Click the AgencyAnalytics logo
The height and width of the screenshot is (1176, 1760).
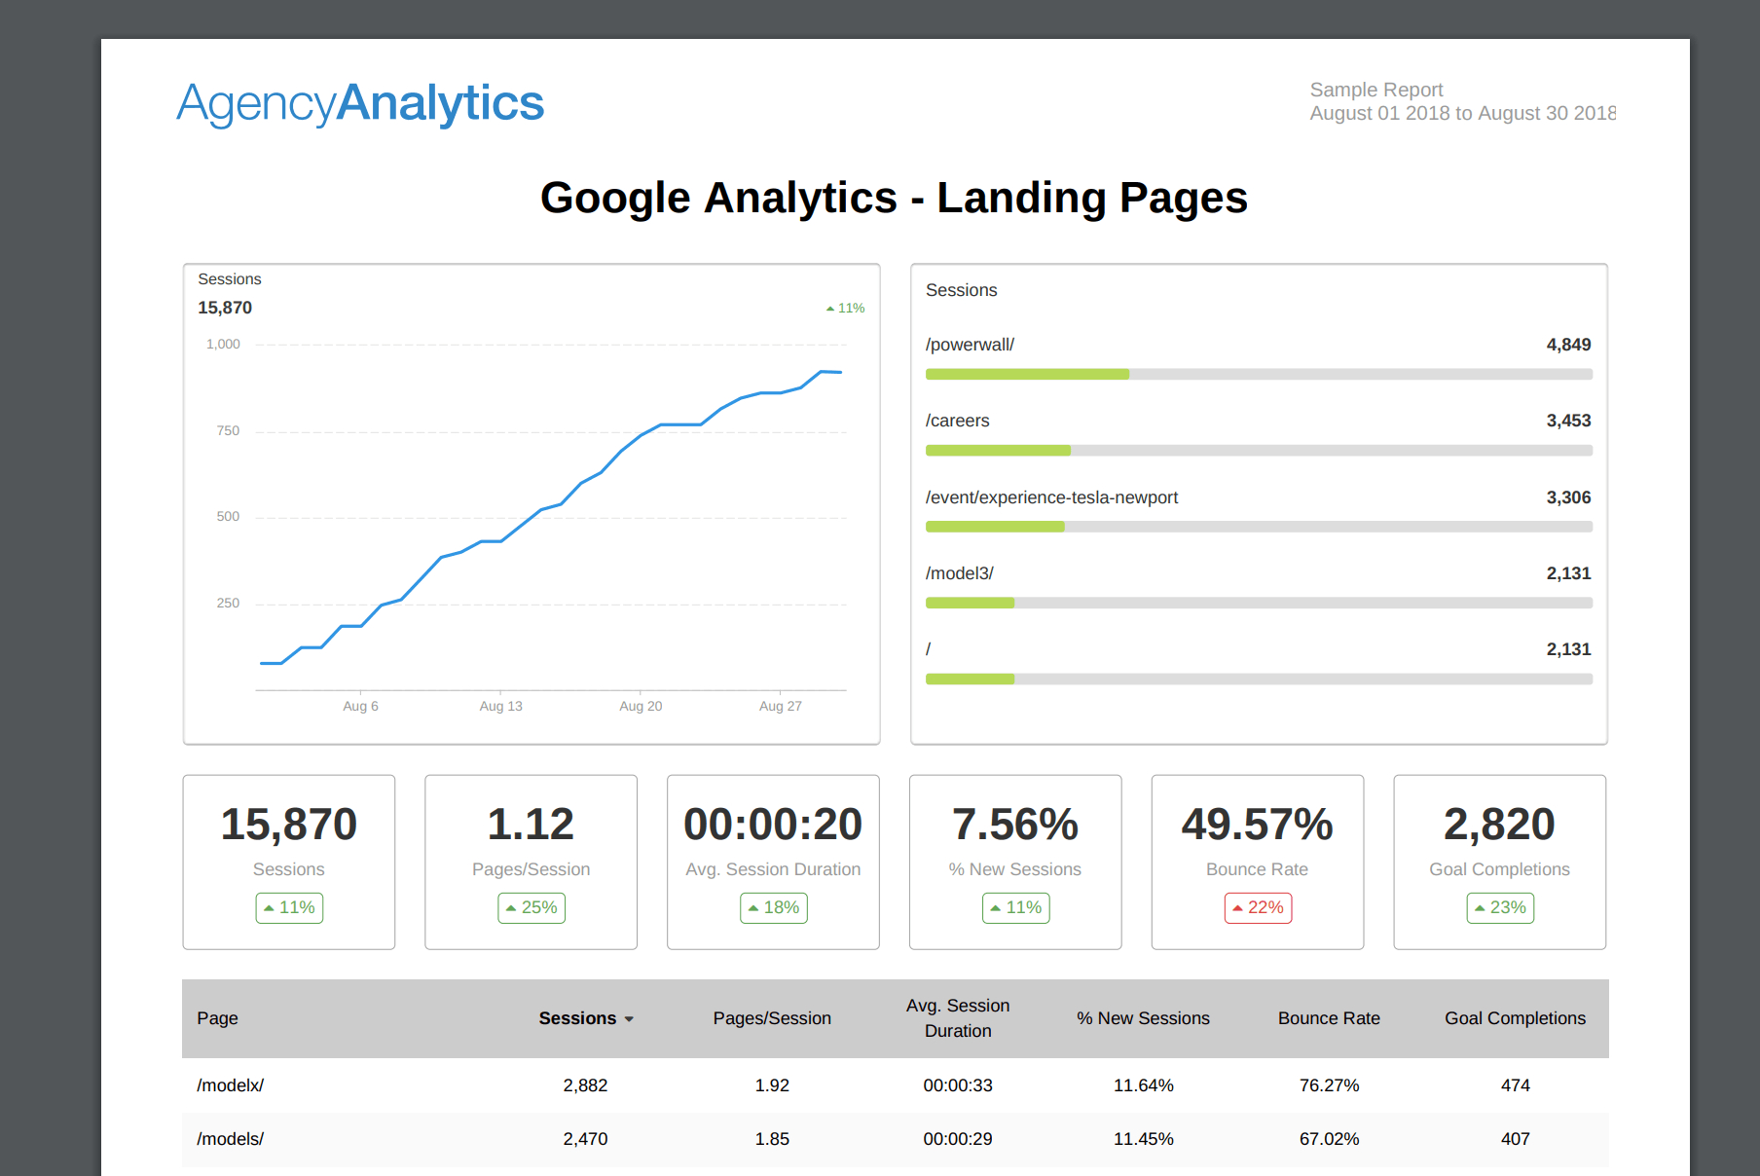point(360,103)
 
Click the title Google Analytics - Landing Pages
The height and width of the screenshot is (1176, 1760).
point(894,198)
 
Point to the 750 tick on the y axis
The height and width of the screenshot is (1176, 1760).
point(228,430)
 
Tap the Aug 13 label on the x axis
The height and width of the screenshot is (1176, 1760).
point(500,706)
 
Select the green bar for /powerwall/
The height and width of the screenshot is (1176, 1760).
point(1027,374)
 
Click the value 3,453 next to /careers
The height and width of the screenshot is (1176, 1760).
point(1568,421)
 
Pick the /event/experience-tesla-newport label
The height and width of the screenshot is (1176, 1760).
point(1051,497)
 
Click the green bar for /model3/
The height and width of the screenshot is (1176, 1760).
point(970,603)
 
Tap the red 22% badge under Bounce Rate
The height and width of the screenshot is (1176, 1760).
point(1258,907)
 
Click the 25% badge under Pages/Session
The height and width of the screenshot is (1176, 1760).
point(532,907)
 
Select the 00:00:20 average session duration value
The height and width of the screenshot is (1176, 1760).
point(773,825)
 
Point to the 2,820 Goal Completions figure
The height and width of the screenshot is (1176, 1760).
point(1499,825)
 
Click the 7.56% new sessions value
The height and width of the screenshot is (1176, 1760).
point(1015,825)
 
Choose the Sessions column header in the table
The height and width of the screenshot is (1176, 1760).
point(577,1018)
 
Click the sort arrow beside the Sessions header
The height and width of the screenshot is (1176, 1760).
point(629,1019)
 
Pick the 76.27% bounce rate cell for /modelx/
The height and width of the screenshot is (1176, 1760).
point(1329,1085)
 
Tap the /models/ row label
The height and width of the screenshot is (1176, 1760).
point(231,1139)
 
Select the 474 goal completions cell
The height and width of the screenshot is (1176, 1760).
point(1515,1085)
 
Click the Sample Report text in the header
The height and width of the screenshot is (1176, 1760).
point(1375,90)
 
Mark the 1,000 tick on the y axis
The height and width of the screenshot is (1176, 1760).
point(223,344)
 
